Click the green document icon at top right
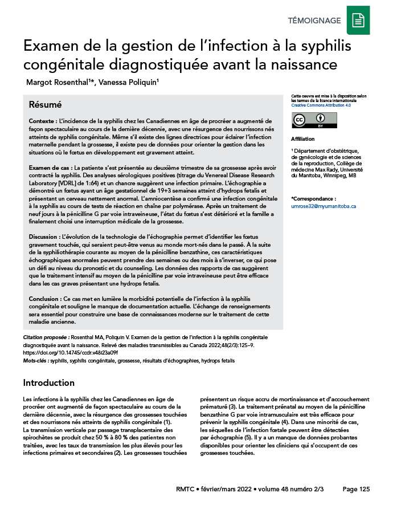click(358, 20)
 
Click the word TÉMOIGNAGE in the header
click(314, 21)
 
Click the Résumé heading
click(45, 105)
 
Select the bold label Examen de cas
click(50, 168)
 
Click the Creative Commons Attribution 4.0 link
click(321, 105)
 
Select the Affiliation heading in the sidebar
click(302, 139)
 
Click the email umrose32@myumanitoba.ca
click(324, 206)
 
